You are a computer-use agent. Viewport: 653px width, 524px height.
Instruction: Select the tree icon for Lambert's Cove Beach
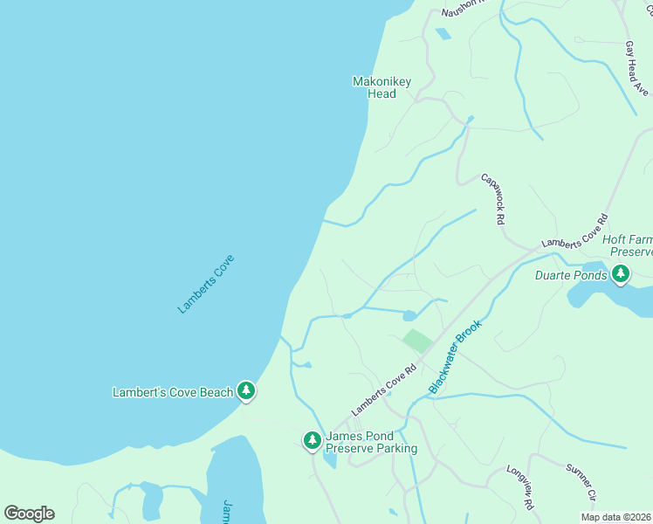(247, 391)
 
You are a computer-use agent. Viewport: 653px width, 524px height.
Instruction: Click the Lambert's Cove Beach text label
(173, 392)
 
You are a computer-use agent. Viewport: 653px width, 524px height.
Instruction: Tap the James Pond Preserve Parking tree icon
(312, 441)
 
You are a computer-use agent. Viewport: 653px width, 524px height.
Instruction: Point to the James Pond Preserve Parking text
(371, 443)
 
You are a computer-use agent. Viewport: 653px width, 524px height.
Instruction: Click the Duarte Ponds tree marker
(621, 275)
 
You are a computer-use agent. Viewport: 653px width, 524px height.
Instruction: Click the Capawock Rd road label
(493, 200)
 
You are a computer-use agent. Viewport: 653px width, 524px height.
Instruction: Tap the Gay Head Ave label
(636, 68)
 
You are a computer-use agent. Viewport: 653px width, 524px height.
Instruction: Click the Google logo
(29, 514)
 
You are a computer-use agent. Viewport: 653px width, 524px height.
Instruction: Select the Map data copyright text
(616, 517)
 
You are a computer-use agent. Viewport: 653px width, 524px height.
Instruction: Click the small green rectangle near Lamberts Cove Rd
(417, 341)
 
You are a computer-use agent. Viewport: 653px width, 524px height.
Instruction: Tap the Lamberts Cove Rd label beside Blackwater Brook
(381, 394)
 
